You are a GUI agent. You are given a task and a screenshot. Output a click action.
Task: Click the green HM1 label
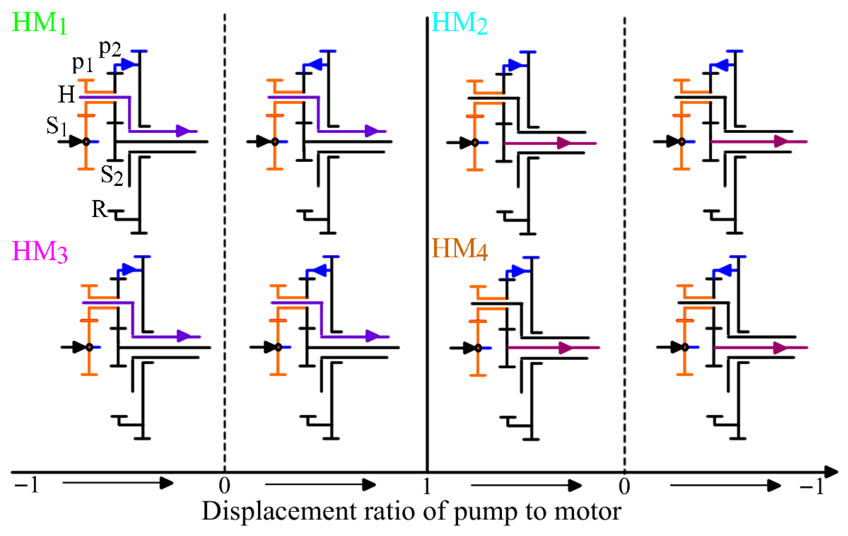(x=39, y=23)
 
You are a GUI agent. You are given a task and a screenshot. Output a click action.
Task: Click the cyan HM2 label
(x=459, y=23)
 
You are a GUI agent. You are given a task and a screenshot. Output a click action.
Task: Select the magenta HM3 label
(x=40, y=252)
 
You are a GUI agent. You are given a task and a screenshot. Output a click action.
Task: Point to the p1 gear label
(x=82, y=63)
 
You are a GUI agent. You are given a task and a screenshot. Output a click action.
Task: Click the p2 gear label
(x=110, y=48)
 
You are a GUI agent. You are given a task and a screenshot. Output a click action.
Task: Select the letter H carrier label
(x=67, y=94)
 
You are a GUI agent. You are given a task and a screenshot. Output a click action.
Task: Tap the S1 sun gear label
(x=56, y=126)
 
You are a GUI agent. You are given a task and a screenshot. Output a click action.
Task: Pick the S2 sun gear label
(x=112, y=175)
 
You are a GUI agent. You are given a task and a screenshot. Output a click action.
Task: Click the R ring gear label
(x=99, y=209)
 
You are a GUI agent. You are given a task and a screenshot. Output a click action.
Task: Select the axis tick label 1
(x=426, y=486)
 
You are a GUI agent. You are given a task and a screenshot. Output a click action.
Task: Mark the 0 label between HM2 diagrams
(x=624, y=487)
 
